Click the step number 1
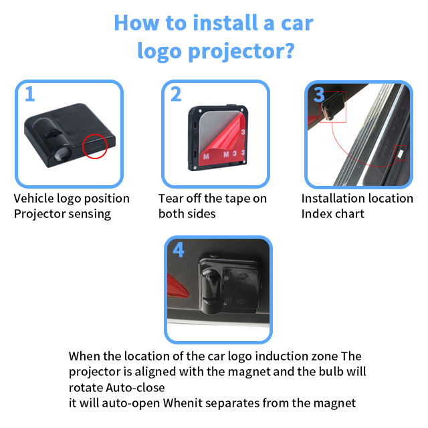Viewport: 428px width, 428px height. pyautogui.click(x=29, y=94)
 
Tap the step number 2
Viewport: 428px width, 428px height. pyautogui.click(x=176, y=94)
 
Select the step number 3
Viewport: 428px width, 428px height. pyautogui.click(x=319, y=94)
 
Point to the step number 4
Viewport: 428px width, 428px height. pyautogui.click(x=178, y=249)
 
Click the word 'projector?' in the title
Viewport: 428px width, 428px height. pyautogui.click(x=242, y=51)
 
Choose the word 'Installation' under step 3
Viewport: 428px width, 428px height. pyautogui.click(x=332, y=199)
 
